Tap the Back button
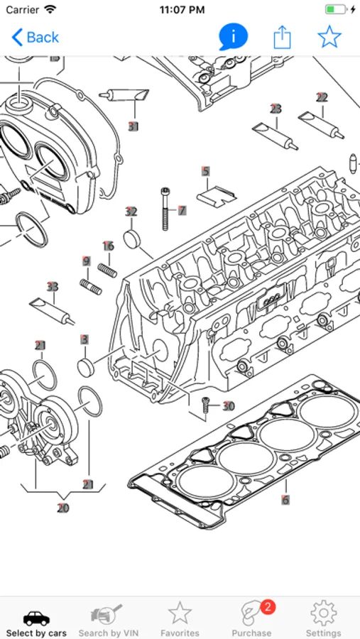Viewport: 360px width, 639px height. pos(35,38)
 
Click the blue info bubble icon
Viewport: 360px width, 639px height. pos(233,37)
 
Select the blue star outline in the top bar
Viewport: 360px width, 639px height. pos(329,37)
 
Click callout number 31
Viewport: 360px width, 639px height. pos(133,126)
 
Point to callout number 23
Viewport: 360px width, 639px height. pos(276,109)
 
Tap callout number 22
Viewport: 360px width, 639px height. pos(322,97)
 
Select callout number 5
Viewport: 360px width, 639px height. pos(206,171)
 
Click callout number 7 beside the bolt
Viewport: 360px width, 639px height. pos(182,211)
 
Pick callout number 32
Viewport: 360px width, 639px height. pos(131,212)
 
